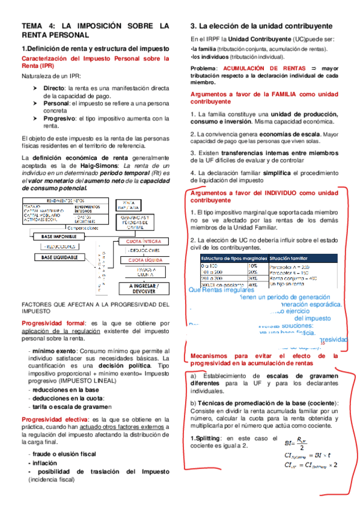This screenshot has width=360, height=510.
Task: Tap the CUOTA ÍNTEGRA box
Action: (x=142, y=241)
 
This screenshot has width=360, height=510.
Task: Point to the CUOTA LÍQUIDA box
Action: (x=142, y=260)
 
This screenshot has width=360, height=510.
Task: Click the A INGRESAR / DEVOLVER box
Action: (x=142, y=288)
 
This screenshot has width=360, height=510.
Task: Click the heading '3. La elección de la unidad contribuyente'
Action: (x=261, y=26)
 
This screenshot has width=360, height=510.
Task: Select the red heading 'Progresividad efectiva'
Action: (x=54, y=419)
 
